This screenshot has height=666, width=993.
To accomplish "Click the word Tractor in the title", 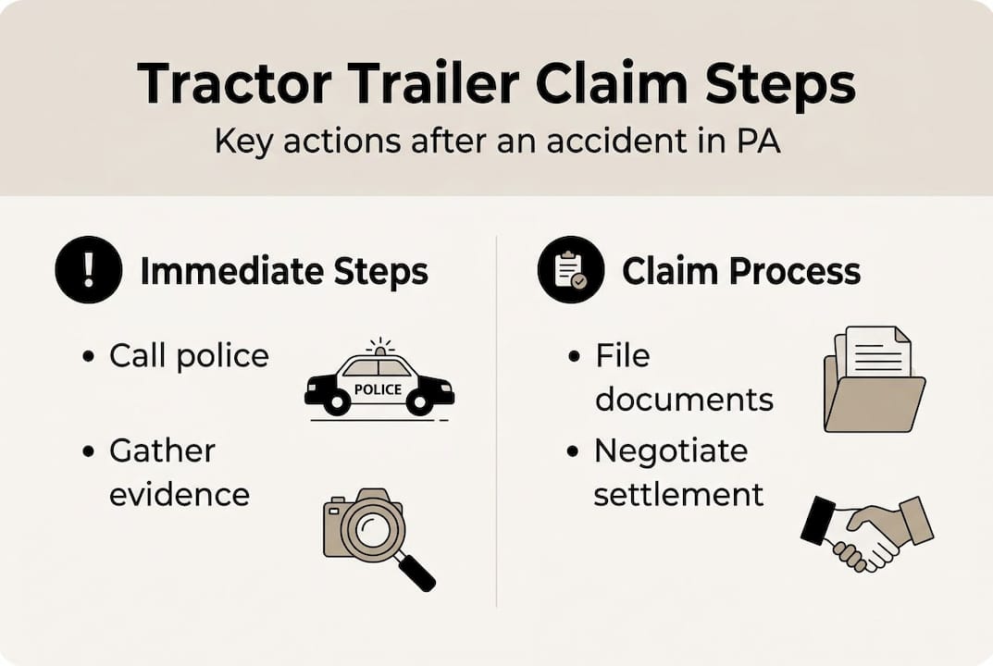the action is tap(234, 83).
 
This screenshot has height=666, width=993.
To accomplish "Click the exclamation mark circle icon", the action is tap(89, 270).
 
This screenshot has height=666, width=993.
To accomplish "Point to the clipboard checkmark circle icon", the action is tap(571, 270).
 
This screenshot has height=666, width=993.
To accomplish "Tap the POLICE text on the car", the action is tap(379, 389).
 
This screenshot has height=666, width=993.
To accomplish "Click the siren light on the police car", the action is tap(380, 348).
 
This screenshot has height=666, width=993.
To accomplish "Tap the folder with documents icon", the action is tap(875, 378).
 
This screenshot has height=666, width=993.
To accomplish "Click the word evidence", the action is tap(180, 495).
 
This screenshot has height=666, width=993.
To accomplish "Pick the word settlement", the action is tap(678, 495).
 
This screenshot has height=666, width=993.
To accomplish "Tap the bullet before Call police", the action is tap(89, 356).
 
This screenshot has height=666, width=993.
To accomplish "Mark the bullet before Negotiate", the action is tap(573, 451).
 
